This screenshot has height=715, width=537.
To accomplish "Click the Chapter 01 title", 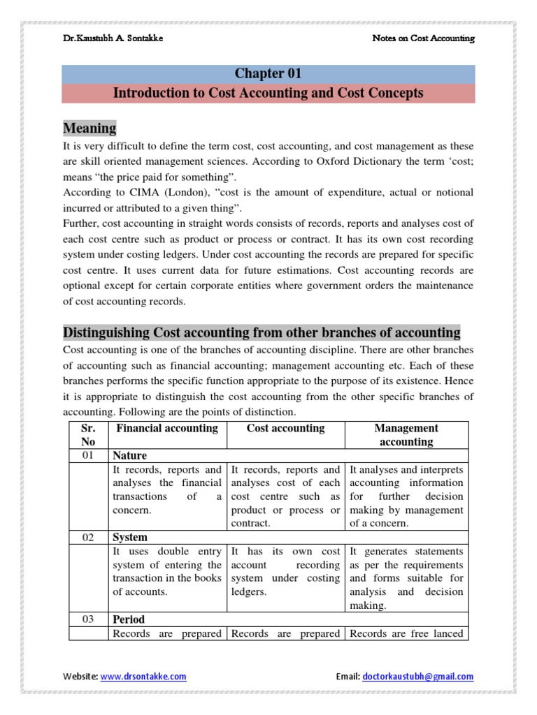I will click(268, 74).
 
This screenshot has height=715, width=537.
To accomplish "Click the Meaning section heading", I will click(89, 128).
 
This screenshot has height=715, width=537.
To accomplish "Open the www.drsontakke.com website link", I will click(143, 676).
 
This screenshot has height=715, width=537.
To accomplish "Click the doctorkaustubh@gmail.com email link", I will click(417, 676).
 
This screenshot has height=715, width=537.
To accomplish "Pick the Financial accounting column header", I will click(167, 428).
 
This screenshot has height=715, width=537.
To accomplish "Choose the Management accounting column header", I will click(406, 434).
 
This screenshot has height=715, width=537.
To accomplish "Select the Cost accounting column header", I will click(286, 428).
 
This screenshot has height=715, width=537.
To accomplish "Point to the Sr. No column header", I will click(88, 434).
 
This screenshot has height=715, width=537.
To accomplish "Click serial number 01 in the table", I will click(88, 455).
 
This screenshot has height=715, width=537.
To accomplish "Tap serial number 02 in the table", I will click(88, 537).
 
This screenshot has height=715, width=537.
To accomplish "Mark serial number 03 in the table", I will click(88, 619).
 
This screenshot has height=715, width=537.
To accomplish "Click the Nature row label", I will click(131, 455).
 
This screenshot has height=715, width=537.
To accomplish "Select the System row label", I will click(131, 537).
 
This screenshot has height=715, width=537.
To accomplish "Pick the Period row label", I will click(130, 619).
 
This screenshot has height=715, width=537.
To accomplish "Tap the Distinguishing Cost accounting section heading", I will click(262, 332).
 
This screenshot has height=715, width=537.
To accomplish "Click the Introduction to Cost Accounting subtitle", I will click(268, 93).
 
